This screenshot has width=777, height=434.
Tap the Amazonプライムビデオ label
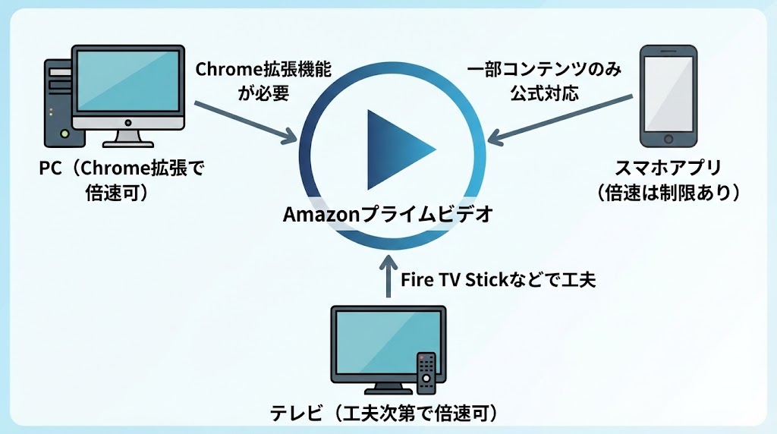(388, 215)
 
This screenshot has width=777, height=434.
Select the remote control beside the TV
(427, 372)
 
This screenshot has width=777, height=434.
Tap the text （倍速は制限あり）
(668, 192)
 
